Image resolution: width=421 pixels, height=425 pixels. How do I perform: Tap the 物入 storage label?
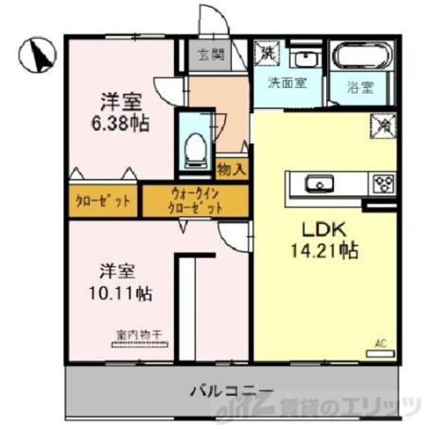coord(231,170)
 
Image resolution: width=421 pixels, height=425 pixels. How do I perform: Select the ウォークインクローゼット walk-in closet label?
coord(196,201)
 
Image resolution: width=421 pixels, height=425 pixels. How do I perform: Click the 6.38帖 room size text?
coord(123,124)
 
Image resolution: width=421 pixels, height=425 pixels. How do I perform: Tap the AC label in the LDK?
coord(381,344)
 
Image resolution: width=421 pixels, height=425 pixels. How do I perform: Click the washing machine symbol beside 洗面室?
coord(269,53)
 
